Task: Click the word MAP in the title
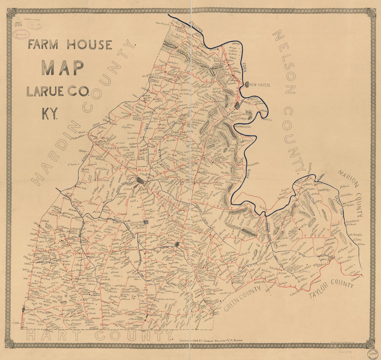pos(63,68)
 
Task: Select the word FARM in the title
pos(43,45)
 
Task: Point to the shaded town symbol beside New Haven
pos(247,84)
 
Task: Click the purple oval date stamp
pos(21,34)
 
